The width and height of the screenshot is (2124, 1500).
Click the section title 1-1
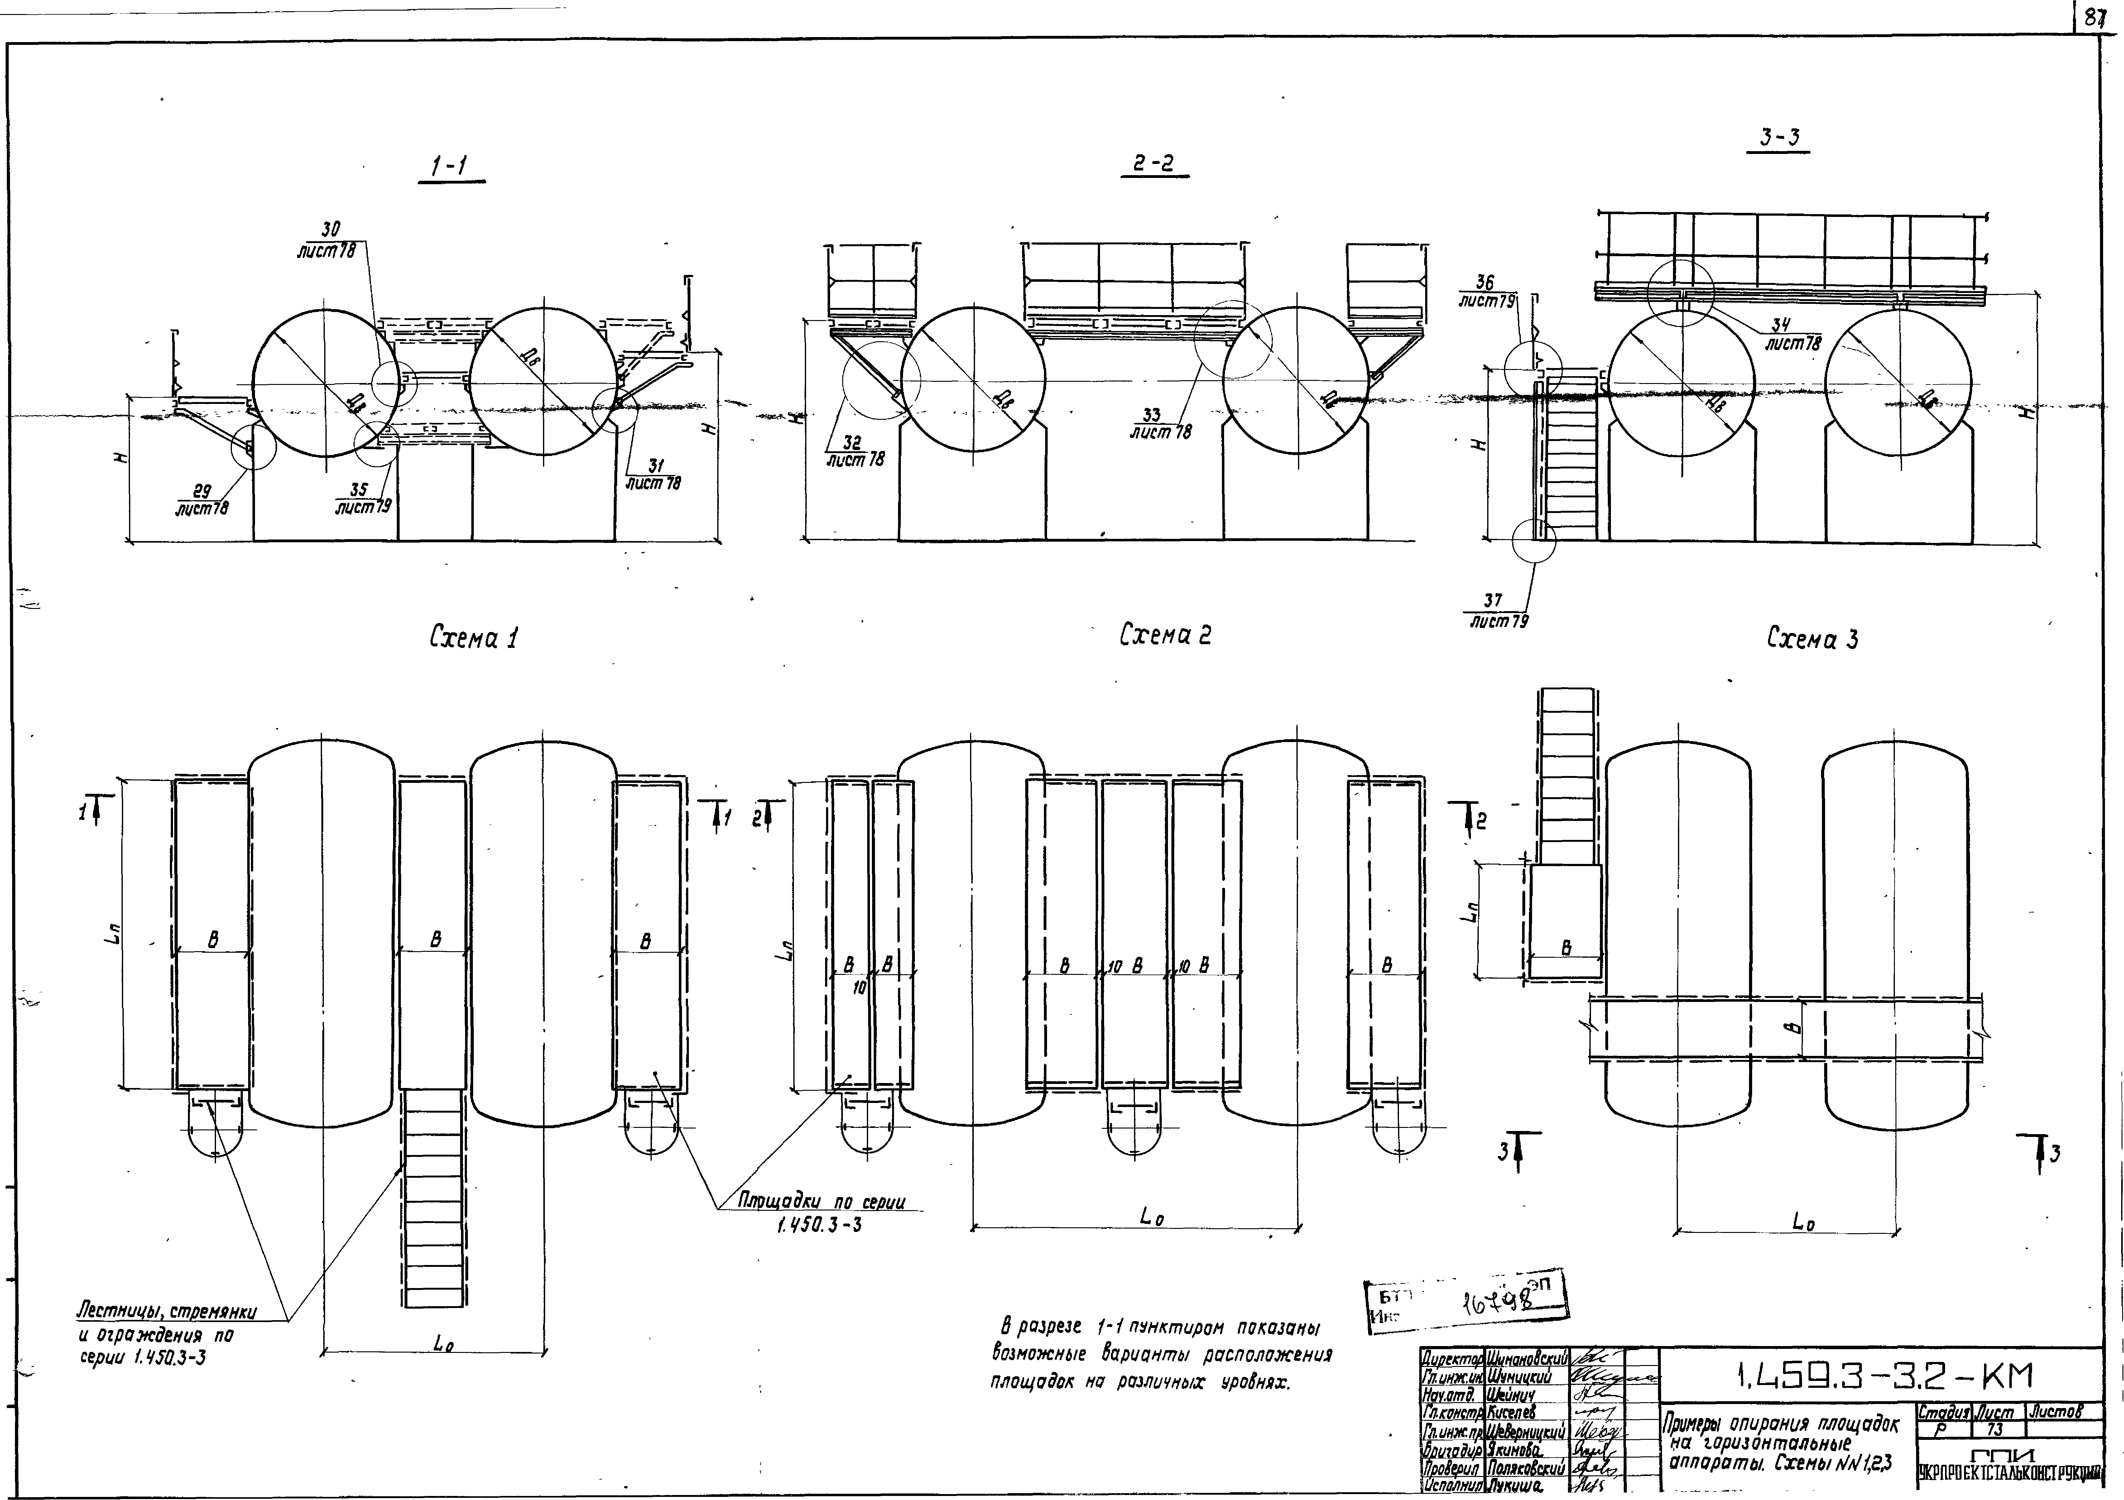tap(450, 166)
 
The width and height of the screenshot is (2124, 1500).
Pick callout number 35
tap(360, 490)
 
